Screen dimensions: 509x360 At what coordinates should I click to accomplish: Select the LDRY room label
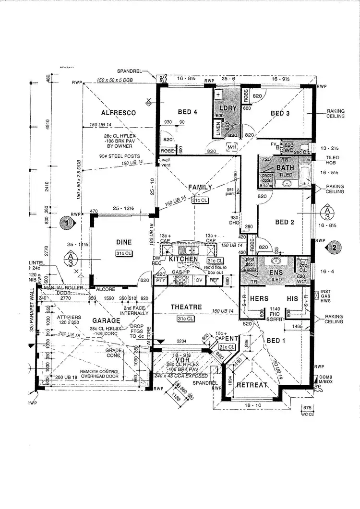[x=228, y=108]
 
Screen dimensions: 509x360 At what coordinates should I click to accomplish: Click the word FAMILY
[x=200, y=187]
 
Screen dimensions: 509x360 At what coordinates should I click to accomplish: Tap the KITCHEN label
[x=183, y=259]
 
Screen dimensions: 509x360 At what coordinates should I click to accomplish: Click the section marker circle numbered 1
[x=68, y=223]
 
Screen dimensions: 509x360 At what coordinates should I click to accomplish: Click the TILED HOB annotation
[x=332, y=160]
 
